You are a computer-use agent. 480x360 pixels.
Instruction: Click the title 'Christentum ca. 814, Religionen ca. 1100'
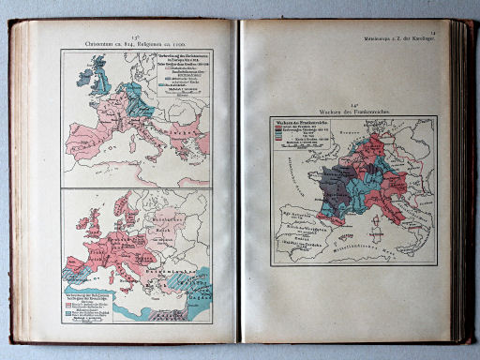coord(136,42)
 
